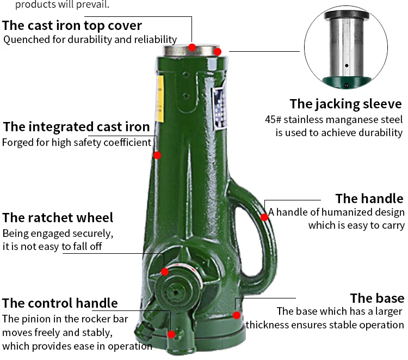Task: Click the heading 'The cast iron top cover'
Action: coord(72,26)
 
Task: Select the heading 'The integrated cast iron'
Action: coord(76,127)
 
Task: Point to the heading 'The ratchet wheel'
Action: coord(58,217)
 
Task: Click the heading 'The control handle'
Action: coord(60,303)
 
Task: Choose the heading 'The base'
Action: coord(376,298)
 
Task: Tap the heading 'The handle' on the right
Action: coord(369,198)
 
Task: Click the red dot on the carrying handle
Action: coord(264,217)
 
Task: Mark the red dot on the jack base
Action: coord(237,315)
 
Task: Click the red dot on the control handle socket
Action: coord(171,334)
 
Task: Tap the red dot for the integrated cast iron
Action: coord(157,155)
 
